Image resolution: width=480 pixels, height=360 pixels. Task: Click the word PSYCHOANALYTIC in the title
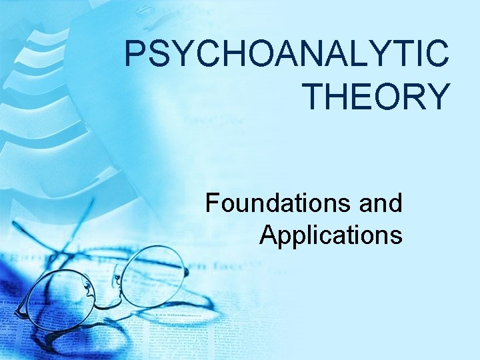287,55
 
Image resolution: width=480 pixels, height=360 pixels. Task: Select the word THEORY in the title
377,96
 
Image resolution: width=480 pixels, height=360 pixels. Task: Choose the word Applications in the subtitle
331,235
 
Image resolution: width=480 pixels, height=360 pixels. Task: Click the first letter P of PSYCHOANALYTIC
135,55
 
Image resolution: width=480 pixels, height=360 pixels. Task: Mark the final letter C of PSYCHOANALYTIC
437,55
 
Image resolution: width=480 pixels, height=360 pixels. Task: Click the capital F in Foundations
213,203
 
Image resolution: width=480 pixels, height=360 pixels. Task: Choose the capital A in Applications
268,235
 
